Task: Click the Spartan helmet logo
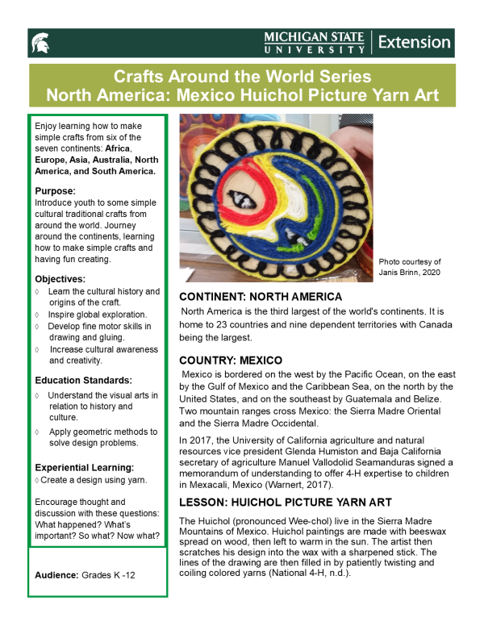[40, 42]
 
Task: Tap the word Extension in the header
[414, 42]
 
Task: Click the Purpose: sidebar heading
[56, 190]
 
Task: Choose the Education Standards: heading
[83, 381]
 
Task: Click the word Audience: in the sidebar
[57, 574]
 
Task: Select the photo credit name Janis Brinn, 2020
[410, 273]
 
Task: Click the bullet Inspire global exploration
[98, 314]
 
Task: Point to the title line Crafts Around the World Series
[242, 77]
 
